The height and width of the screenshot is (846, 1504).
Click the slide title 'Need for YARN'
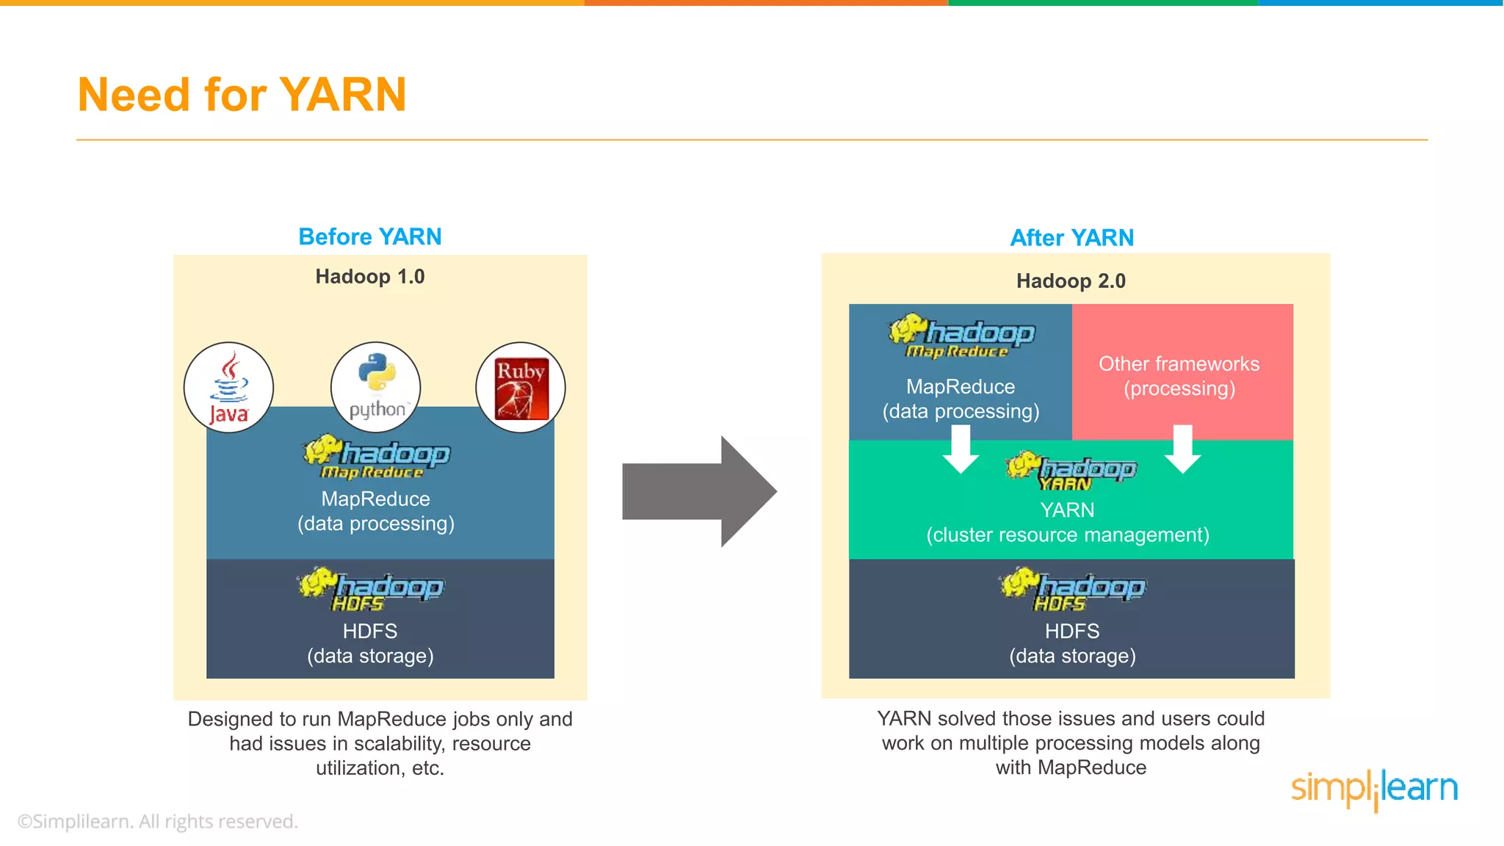242,95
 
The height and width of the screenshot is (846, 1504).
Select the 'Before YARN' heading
369,236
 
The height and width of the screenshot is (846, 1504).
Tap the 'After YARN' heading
1071,238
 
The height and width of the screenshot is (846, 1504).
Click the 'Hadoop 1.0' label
369,277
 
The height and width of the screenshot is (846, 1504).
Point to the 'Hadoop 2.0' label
1070,281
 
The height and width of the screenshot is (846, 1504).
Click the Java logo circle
228,387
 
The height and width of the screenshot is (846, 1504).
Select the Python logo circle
375,387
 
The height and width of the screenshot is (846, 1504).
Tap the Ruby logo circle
521,387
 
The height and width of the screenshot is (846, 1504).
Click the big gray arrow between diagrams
698,491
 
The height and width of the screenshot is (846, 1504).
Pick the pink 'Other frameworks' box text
1179,375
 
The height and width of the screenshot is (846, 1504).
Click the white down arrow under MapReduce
961,449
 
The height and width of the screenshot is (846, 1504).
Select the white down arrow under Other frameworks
1182,449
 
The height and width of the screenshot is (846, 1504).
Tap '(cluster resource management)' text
1067,535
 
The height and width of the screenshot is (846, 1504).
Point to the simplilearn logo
1374,789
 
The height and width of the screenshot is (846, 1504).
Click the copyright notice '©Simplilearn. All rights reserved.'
157,821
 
